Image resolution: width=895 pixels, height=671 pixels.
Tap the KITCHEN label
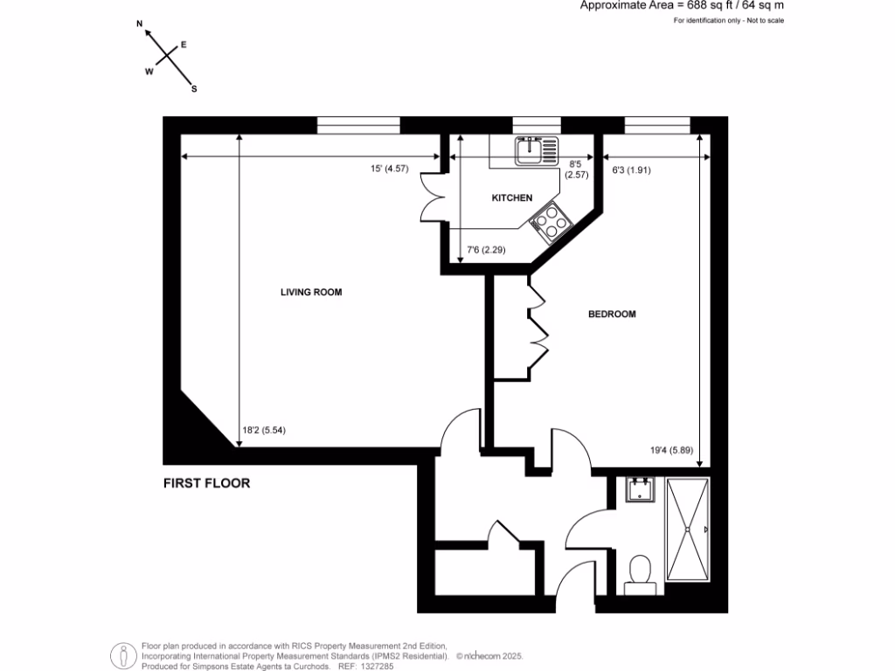coord(511,198)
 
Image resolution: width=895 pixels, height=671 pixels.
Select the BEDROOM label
coord(611,314)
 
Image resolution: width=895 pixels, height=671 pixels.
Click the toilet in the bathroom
coord(641,572)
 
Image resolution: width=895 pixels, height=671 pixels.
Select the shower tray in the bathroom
coord(690,531)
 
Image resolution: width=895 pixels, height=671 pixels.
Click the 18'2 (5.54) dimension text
coord(265,430)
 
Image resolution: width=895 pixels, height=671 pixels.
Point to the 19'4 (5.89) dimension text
coord(671,451)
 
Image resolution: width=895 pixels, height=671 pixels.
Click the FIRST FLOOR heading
coord(206,483)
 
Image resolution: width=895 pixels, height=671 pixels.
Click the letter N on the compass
coord(140,27)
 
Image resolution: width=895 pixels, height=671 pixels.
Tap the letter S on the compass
coord(194,88)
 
